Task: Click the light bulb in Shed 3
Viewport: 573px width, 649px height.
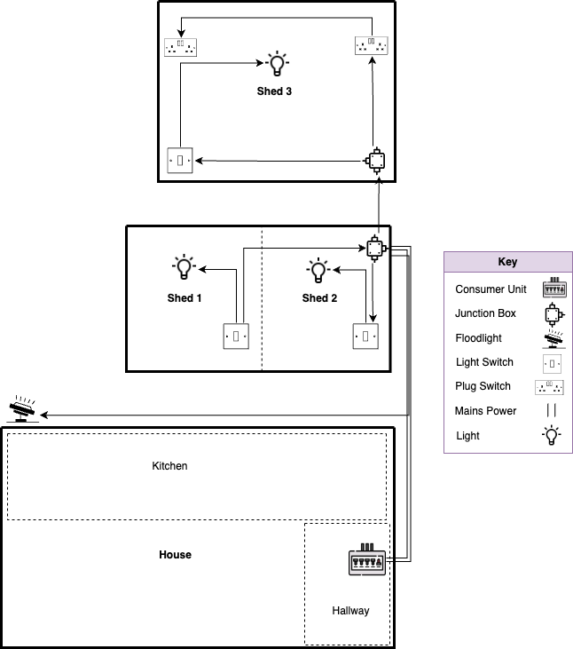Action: pos(278,64)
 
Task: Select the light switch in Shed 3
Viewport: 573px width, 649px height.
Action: pos(180,161)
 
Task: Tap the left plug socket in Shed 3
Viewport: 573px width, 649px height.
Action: pos(180,47)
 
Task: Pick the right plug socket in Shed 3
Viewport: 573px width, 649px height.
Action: pos(372,45)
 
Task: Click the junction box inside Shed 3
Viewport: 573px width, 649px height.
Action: pos(376,161)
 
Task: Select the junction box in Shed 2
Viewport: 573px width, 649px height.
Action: pos(376,249)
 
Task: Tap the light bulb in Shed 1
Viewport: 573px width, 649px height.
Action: pos(184,267)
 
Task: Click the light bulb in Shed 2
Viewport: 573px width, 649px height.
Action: pos(318,270)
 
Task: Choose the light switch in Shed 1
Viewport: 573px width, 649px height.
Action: pos(236,336)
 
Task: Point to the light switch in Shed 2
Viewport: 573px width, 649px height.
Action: pos(366,336)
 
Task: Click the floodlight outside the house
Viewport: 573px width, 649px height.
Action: pos(22,410)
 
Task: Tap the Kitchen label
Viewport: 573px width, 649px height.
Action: pos(169,466)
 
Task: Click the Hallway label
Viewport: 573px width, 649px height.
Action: pos(350,611)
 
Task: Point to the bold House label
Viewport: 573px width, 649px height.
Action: pos(175,555)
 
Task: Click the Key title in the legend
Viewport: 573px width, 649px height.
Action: pos(507,262)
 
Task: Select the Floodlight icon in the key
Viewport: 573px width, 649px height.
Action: pos(553,338)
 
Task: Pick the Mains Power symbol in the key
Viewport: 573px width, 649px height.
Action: pos(552,411)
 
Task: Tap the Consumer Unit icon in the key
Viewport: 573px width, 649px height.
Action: pos(553,289)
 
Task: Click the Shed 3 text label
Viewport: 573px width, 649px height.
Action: pos(275,91)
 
